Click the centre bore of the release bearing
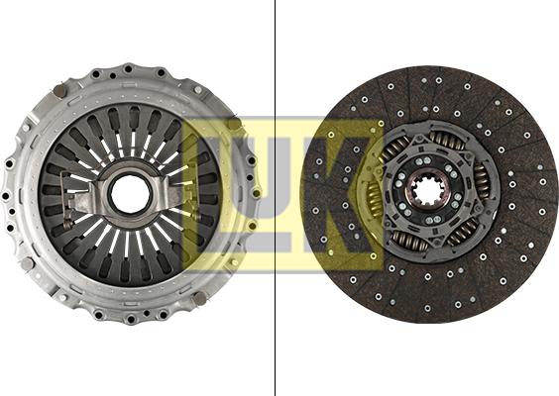pos(131,194)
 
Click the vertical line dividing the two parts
pos(275,198)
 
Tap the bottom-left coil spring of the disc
pos(405,240)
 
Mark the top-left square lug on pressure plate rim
pos(58,92)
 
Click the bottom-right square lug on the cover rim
pos(201,298)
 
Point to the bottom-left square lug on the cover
pos(58,297)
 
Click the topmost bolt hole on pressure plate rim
pos(129,68)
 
